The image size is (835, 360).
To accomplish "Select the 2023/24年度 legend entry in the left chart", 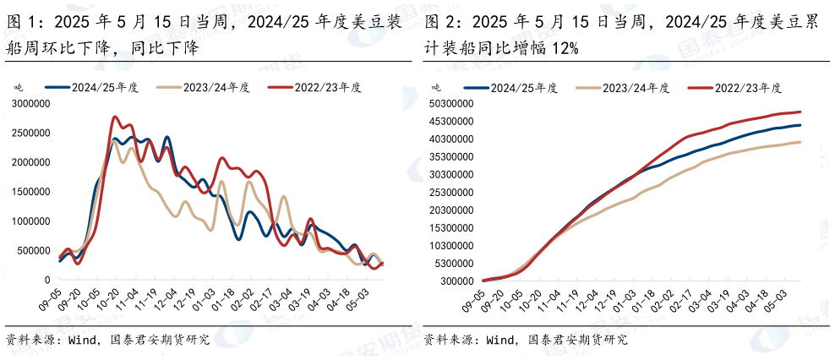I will click(x=203, y=87).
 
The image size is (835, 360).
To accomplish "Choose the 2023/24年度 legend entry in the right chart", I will click(x=623, y=87).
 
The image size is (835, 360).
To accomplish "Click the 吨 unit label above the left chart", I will click(x=19, y=87).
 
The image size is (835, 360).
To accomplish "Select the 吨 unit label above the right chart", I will click(x=436, y=87).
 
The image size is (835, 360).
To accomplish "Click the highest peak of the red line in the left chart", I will click(x=116, y=117).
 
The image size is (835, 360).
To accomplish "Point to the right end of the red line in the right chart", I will click(x=800, y=112).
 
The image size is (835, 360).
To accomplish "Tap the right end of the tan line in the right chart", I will click(x=800, y=142).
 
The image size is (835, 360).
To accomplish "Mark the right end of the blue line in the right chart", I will click(x=800, y=125).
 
